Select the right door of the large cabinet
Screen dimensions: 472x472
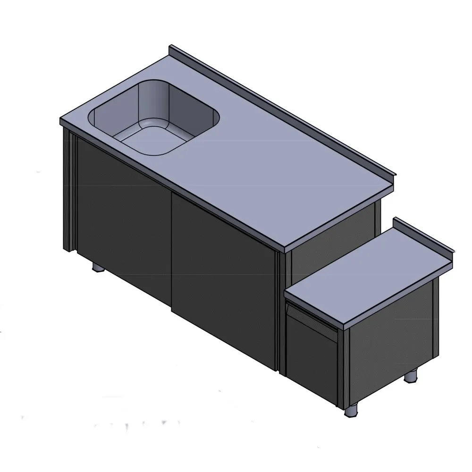224,278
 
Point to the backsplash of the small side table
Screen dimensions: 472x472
422,236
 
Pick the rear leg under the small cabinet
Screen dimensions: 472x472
412,375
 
